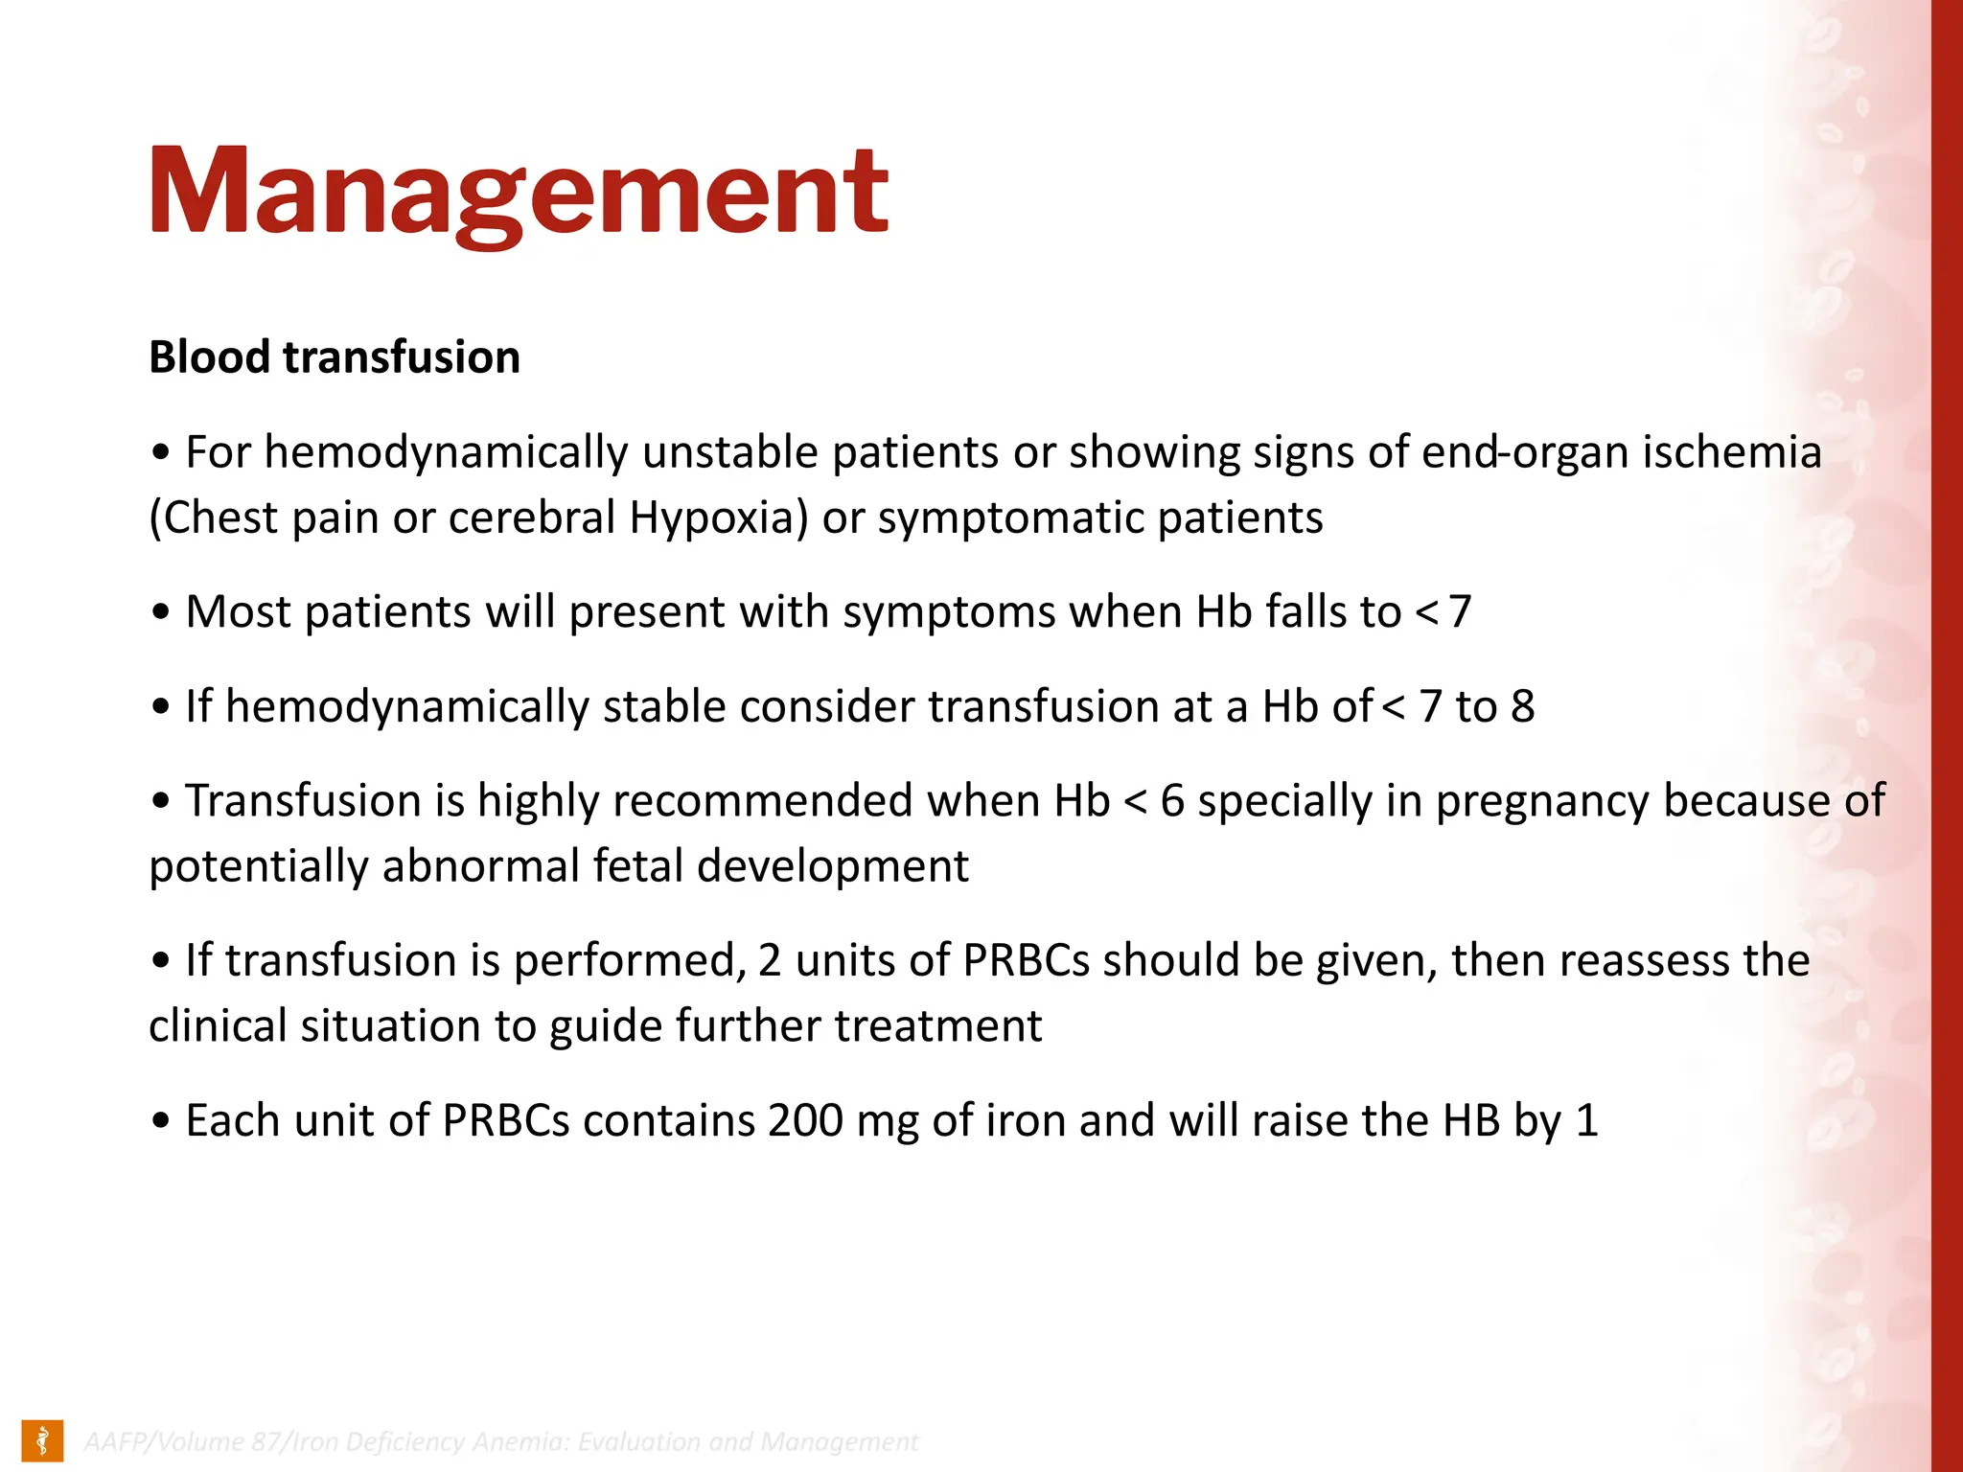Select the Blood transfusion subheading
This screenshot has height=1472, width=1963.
[335, 357]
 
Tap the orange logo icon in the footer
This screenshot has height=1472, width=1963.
[42, 1440]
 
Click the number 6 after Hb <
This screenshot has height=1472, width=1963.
[1172, 801]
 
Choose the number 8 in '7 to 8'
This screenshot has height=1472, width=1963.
[1522, 707]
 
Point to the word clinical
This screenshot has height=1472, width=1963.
[217, 1026]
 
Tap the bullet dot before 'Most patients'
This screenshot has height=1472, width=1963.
[161, 613]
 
